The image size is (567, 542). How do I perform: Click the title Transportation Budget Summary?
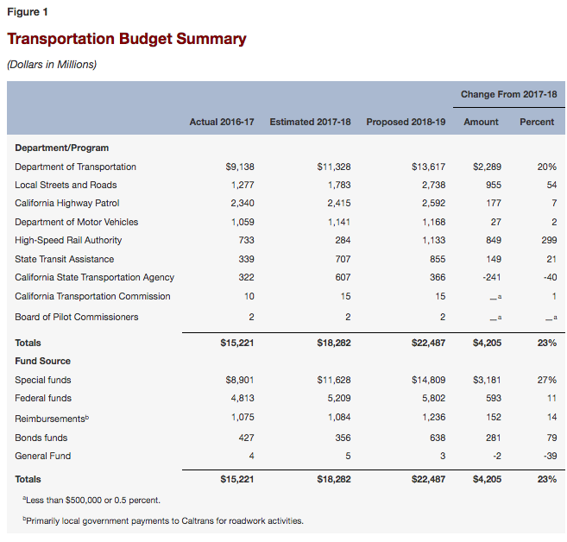[x=126, y=40]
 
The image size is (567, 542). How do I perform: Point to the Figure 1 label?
[x=28, y=13]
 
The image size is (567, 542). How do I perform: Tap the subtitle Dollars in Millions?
[x=51, y=64]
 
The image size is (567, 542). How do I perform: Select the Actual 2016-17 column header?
[x=222, y=122]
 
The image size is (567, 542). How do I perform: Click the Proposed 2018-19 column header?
[x=406, y=122]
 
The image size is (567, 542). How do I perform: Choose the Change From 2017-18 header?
[x=508, y=94]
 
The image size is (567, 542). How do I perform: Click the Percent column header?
[x=537, y=122]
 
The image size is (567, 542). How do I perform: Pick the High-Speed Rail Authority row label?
[x=68, y=240]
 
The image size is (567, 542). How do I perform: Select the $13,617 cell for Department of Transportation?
[x=428, y=167]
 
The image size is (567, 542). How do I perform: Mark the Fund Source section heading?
[x=42, y=361]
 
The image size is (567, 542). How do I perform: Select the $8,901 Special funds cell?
[x=239, y=380]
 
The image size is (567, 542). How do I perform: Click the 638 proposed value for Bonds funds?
[x=437, y=438]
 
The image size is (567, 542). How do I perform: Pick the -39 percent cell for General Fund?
[x=548, y=456]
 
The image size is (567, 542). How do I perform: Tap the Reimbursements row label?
[x=52, y=418]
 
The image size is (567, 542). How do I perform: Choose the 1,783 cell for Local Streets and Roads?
[x=338, y=185]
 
